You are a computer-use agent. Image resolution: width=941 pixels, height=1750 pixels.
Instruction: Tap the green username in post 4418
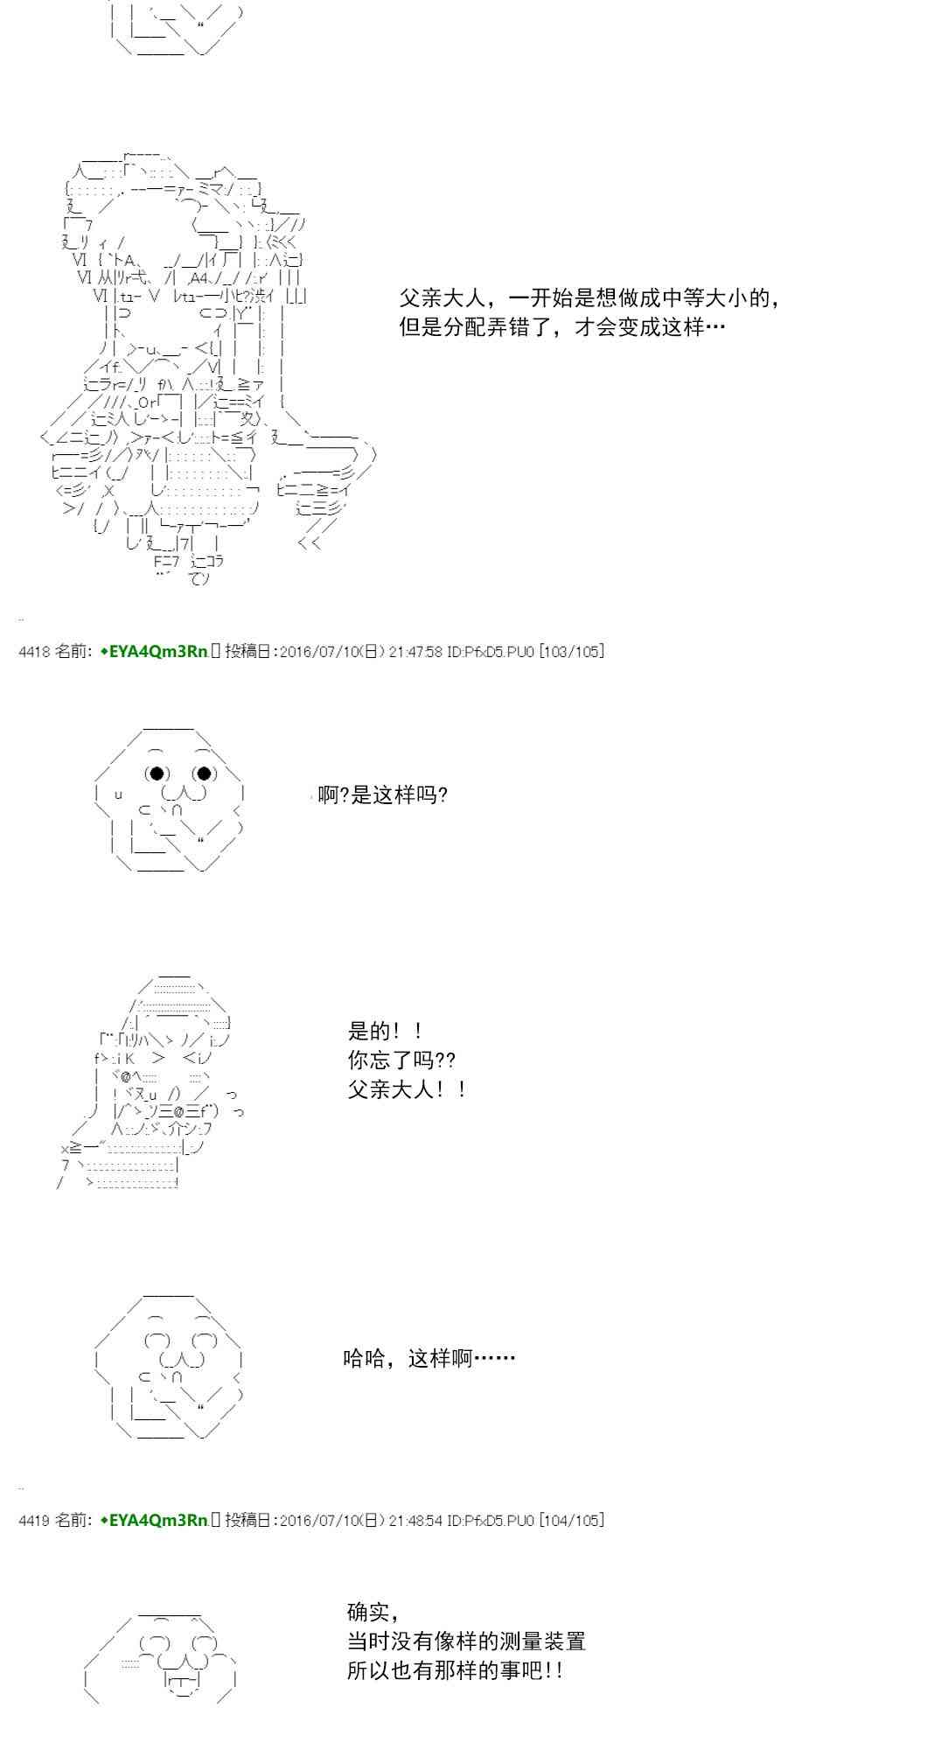point(154,651)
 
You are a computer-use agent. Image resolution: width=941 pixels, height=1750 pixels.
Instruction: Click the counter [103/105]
point(571,651)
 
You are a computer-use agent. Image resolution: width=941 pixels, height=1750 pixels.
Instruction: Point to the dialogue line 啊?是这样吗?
point(383,795)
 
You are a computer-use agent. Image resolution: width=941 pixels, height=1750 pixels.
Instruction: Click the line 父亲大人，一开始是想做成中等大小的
point(589,298)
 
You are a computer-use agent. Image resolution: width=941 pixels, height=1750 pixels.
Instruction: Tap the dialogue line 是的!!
point(386,1031)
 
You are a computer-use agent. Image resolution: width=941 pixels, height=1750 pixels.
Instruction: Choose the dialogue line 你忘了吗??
point(401,1060)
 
